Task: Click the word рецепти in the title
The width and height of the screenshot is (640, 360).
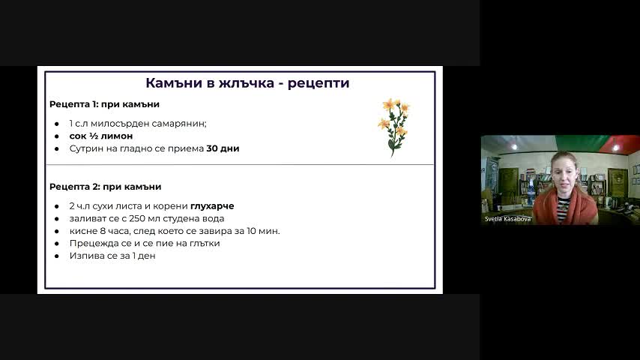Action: click(x=319, y=84)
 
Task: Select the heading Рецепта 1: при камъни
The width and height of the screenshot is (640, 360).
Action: click(x=104, y=104)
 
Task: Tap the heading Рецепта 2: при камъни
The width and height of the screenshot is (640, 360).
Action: click(x=106, y=187)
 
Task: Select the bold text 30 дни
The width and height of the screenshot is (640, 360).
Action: click(x=223, y=148)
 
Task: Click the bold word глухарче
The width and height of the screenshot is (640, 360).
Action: click(x=212, y=206)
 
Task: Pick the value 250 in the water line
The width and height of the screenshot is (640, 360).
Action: click(x=137, y=218)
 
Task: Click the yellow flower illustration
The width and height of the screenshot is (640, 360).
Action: click(x=393, y=127)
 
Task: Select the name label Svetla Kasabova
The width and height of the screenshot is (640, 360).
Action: click(x=508, y=219)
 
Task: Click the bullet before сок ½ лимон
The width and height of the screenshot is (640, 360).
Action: click(x=57, y=136)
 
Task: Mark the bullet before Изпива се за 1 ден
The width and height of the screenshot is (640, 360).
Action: click(x=57, y=256)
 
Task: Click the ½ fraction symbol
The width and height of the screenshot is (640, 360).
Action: click(x=94, y=136)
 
